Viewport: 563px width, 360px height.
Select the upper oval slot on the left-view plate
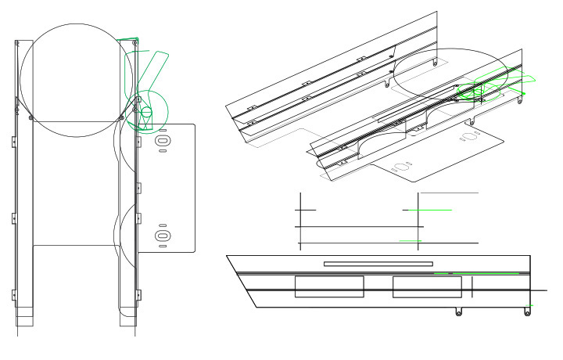[x=163, y=140]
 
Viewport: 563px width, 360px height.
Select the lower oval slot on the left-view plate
[x=163, y=236]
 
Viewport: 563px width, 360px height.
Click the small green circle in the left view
[x=145, y=113]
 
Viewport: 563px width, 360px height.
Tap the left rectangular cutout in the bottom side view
[x=328, y=287]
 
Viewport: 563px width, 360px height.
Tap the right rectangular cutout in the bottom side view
[x=427, y=287]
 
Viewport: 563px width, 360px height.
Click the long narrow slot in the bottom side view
[x=378, y=264]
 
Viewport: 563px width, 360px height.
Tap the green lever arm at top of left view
[x=156, y=63]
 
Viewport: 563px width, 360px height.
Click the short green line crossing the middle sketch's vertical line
[x=428, y=211]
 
